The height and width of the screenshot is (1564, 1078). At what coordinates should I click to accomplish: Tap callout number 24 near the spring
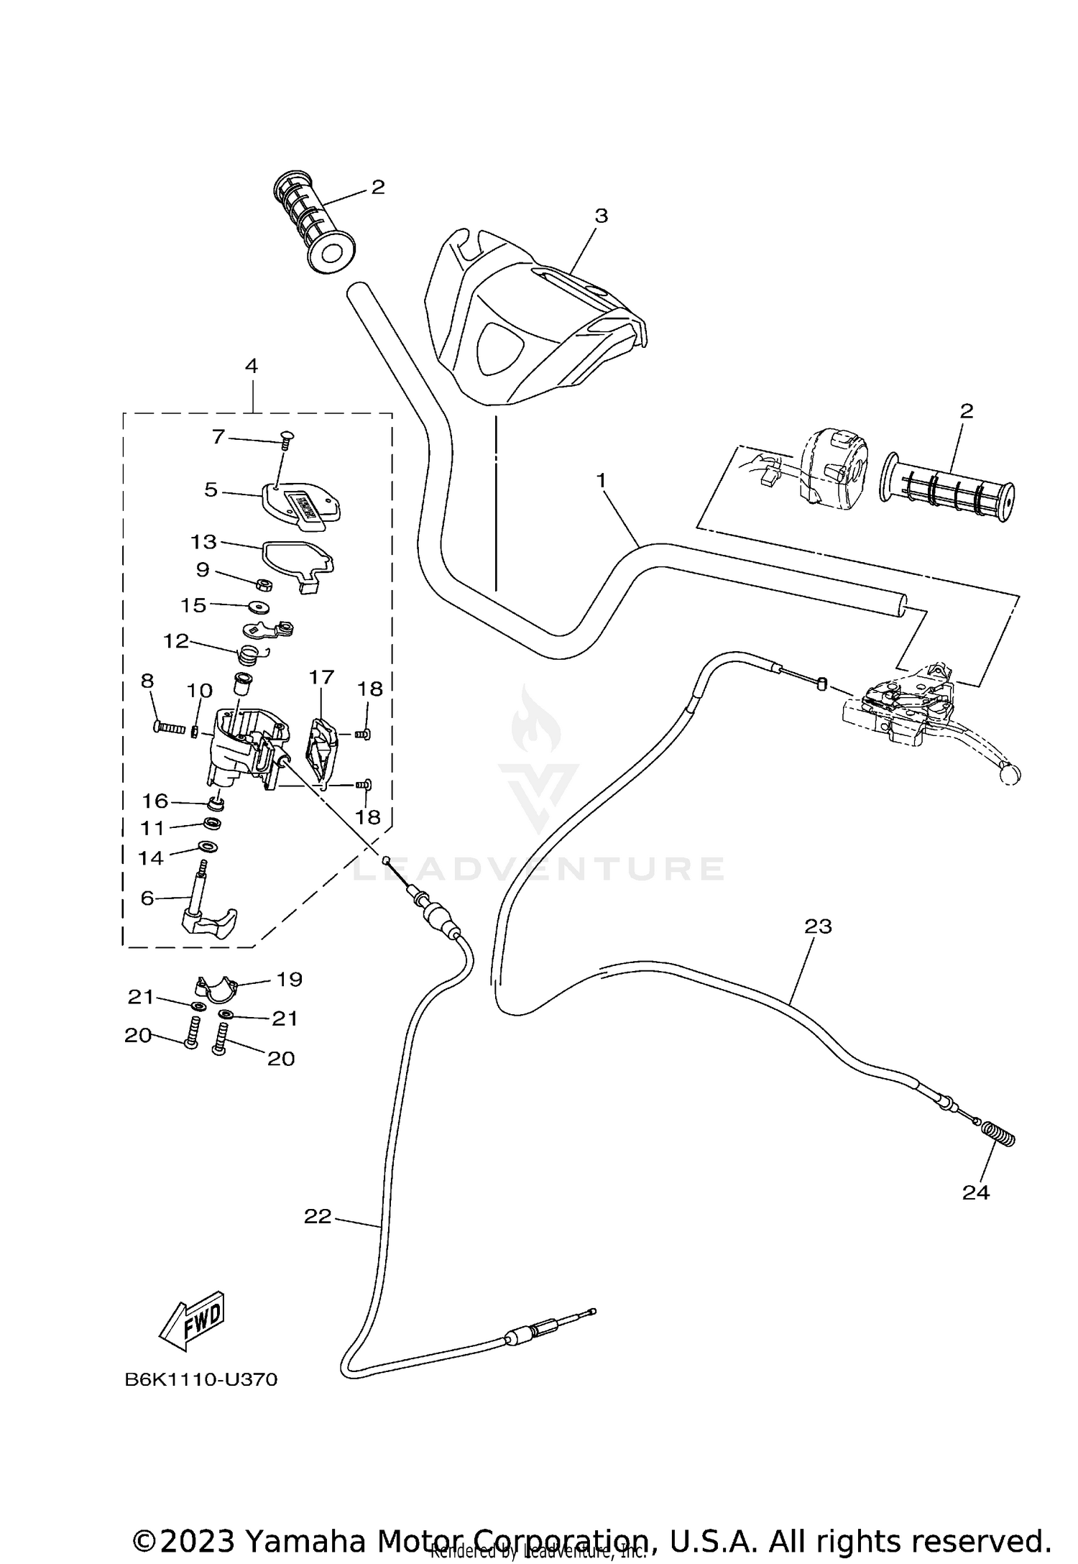tap(975, 1193)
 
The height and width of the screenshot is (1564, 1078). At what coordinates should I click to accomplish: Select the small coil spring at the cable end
tap(998, 1136)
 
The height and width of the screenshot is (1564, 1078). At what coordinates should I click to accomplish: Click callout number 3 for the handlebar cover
tap(601, 216)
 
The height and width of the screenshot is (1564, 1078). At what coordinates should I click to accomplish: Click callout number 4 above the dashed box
tap(251, 366)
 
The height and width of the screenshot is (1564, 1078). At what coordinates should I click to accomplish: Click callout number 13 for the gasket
tap(203, 541)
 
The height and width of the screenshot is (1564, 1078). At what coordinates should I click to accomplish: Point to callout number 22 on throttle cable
tap(318, 1216)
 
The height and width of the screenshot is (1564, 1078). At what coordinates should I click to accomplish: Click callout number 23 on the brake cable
tap(818, 927)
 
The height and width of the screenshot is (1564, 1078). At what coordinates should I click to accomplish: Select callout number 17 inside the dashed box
tap(322, 677)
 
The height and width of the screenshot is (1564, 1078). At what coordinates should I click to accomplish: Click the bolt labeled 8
tap(170, 727)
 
